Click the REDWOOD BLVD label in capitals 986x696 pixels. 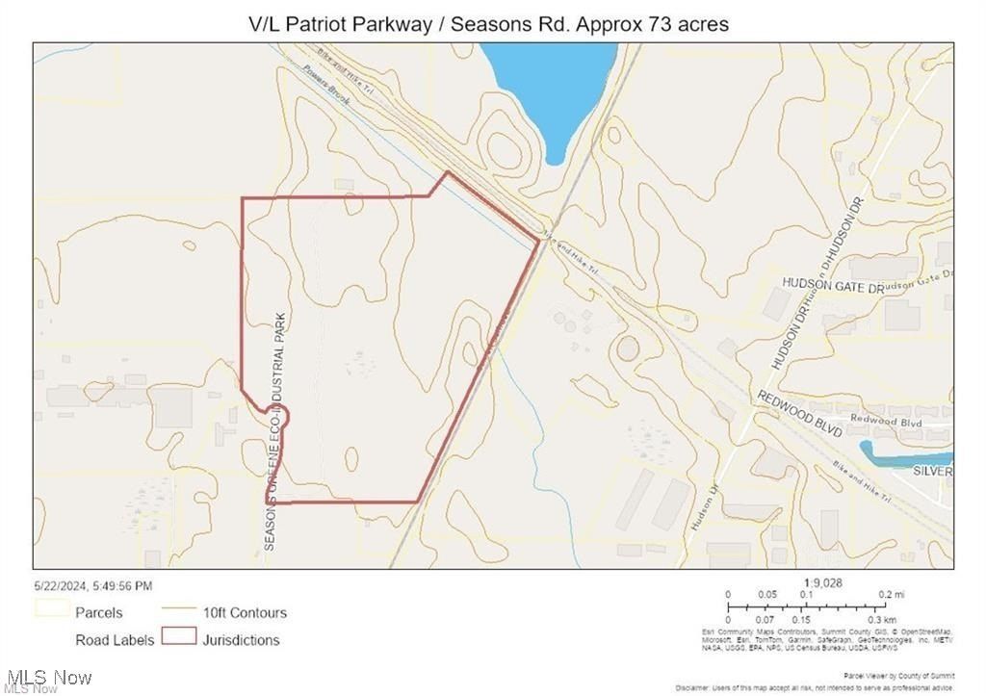[x=799, y=415]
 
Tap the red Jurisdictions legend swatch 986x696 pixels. [x=179, y=637]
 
